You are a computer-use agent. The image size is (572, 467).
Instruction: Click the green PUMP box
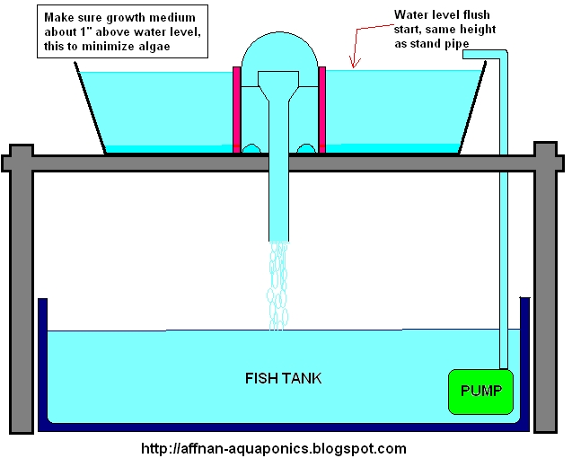[x=480, y=391]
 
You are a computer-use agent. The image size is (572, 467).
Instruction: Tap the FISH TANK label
[x=283, y=378]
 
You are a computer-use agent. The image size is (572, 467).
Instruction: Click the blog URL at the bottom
[x=273, y=448]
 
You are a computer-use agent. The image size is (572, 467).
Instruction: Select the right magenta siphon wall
[x=320, y=110]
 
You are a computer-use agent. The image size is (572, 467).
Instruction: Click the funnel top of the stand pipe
[x=279, y=84]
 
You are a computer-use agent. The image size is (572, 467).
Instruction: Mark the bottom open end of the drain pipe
[x=279, y=238]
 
